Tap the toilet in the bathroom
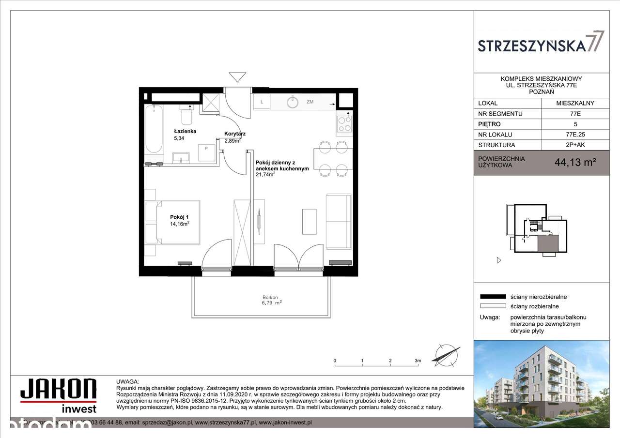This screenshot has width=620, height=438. [x=186, y=117]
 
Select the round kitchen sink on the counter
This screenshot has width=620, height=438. [x=293, y=102]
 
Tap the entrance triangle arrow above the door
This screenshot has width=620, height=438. [x=237, y=77]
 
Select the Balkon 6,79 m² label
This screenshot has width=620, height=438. [x=270, y=301]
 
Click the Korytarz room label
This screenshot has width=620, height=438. [x=234, y=134]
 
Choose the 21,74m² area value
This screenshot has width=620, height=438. [x=265, y=175]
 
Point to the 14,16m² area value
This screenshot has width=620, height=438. [x=179, y=224]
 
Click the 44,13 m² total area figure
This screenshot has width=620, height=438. [x=575, y=163]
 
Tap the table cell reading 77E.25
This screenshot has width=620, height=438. [x=575, y=135]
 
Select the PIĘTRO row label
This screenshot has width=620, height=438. [x=489, y=124]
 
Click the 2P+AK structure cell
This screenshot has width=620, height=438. [x=575, y=145]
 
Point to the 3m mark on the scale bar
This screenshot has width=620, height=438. [x=418, y=361]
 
